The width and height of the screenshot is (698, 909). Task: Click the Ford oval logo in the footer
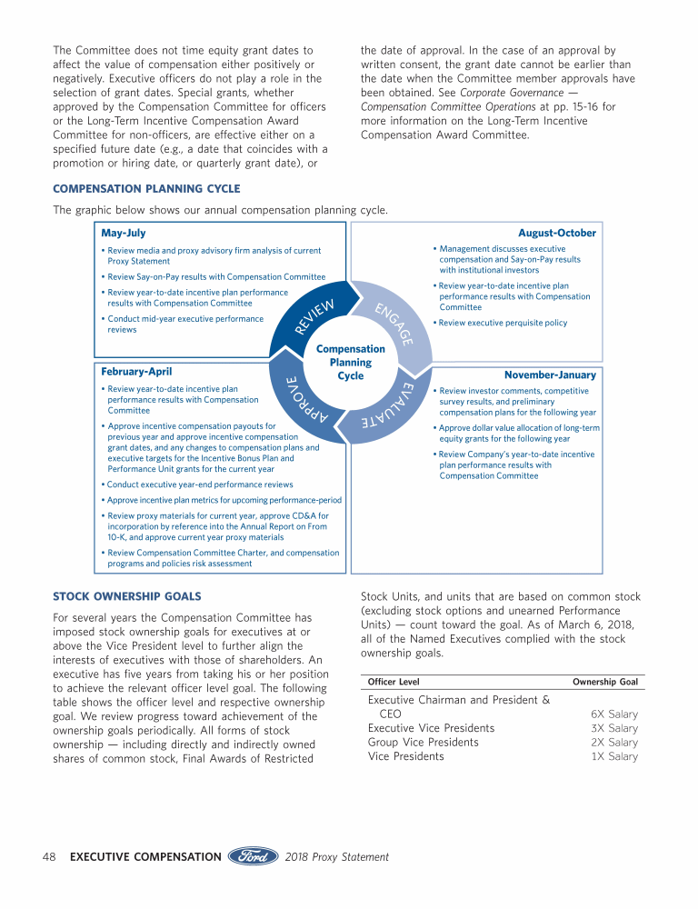click(x=253, y=856)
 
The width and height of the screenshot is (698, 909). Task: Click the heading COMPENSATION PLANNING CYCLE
click(x=146, y=189)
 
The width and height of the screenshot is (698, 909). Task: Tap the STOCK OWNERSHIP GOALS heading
click(x=126, y=597)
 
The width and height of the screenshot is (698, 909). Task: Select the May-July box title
click(x=124, y=234)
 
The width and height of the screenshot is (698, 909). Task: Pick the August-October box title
click(x=556, y=234)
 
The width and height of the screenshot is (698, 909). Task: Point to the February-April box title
click(x=136, y=372)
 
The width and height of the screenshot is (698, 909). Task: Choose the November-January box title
click(x=550, y=375)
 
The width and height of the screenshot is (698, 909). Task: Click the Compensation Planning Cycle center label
click(x=350, y=362)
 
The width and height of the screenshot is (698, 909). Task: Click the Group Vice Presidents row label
click(x=423, y=743)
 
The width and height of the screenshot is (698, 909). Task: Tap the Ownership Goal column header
click(x=604, y=682)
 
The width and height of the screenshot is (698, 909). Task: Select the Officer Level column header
click(x=394, y=682)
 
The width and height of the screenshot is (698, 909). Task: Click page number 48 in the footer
click(x=51, y=856)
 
